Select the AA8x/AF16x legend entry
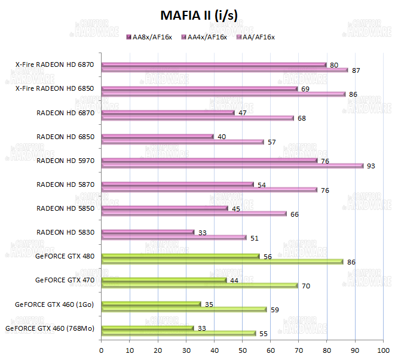149,37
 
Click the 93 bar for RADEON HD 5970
232,166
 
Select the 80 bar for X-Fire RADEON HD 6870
214,64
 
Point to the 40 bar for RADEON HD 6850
158,137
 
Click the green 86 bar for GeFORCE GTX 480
222,261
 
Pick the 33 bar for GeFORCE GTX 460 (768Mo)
148,328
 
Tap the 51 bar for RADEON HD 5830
174,238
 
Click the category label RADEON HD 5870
66,184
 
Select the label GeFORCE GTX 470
65,280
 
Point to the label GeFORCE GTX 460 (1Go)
55,304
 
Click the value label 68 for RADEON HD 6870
302,118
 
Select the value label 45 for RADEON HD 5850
236,208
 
